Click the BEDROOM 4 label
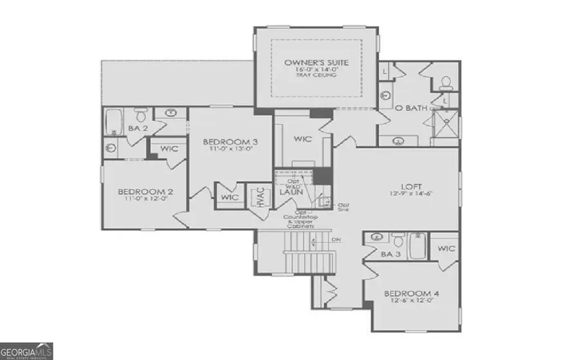click(412, 294)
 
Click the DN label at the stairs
click(336, 240)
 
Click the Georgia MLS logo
click(26, 350)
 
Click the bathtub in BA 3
click(418, 248)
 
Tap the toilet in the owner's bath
click(445, 83)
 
